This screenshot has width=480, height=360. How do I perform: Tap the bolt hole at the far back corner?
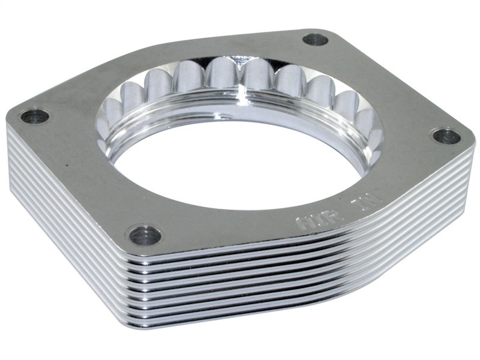pos(315,40)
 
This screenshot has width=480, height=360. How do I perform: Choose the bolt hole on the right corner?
pos(446,136)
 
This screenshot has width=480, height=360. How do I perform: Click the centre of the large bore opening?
pos(240,159)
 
